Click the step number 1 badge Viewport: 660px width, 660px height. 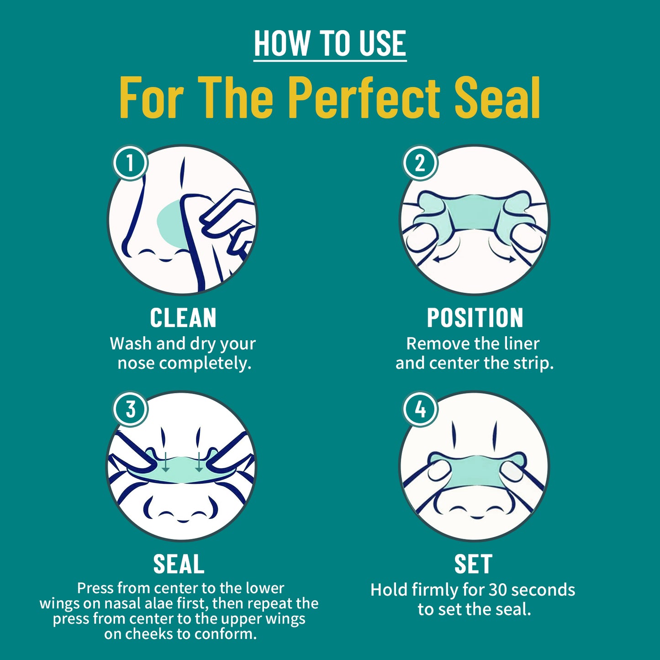tap(130, 163)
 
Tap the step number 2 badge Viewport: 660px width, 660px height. tap(420, 163)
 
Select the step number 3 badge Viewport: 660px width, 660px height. tap(131, 409)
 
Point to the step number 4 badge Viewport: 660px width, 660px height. tap(420, 409)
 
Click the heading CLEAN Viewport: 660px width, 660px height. tap(183, 318)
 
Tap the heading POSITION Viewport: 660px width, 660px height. tap(475, 318)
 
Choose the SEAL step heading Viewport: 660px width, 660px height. tap(179, 564)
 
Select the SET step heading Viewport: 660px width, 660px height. tap(473, 564)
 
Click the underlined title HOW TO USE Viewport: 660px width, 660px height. tap(330, 44)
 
